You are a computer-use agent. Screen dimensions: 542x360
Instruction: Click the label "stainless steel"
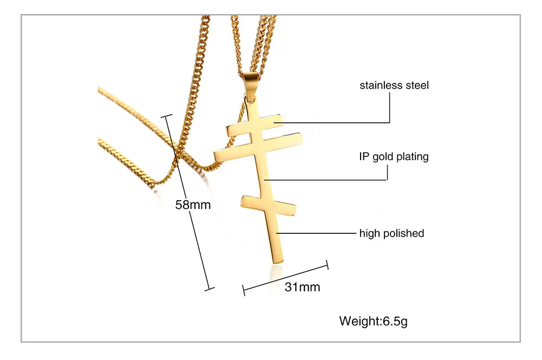click(x=394, y=85)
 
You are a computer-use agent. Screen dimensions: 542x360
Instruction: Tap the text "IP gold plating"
click(x=394, y=157)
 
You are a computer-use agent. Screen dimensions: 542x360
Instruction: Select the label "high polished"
click(x=391, y=233)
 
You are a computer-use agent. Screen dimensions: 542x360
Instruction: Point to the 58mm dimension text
click(x=193, y=205)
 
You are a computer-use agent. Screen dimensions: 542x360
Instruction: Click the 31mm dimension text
click(x=302, y=287)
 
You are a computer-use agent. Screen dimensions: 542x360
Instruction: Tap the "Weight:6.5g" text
click(x=373, y=321)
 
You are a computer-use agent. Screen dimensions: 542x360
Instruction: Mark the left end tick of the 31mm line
click(x=244, y=291)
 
